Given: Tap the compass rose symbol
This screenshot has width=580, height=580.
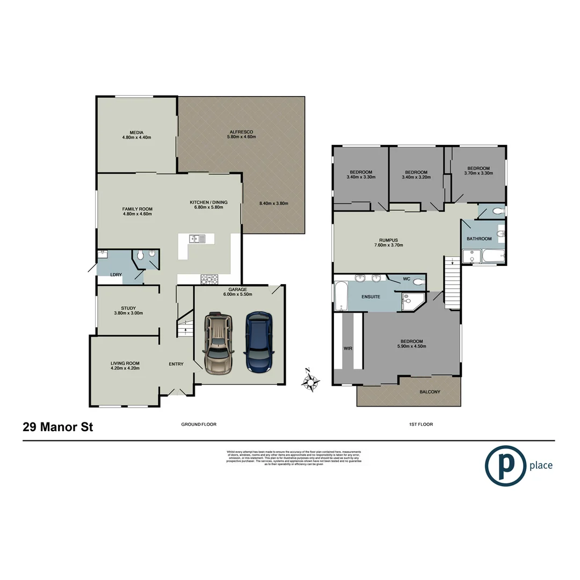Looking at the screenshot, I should click(310, 381).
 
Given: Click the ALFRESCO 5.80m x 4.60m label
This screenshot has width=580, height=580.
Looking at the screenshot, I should click(241, 134).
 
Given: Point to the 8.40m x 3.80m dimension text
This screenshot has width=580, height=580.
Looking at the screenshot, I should click(274, 204).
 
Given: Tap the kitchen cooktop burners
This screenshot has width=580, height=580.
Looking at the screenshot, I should click(209, 279).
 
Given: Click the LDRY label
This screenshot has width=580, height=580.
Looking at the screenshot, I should click(115, 275).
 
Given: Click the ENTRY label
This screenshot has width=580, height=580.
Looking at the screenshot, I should click(176, 364).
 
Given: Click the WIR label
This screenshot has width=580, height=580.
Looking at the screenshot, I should click(347, 349).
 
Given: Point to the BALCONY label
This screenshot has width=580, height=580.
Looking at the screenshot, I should click(430, 392).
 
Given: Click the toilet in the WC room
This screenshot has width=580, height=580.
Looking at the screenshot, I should click(418, 280).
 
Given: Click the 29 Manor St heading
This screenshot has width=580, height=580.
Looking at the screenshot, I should click(57, 427).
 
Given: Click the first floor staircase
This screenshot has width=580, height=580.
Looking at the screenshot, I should click(453, 281).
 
